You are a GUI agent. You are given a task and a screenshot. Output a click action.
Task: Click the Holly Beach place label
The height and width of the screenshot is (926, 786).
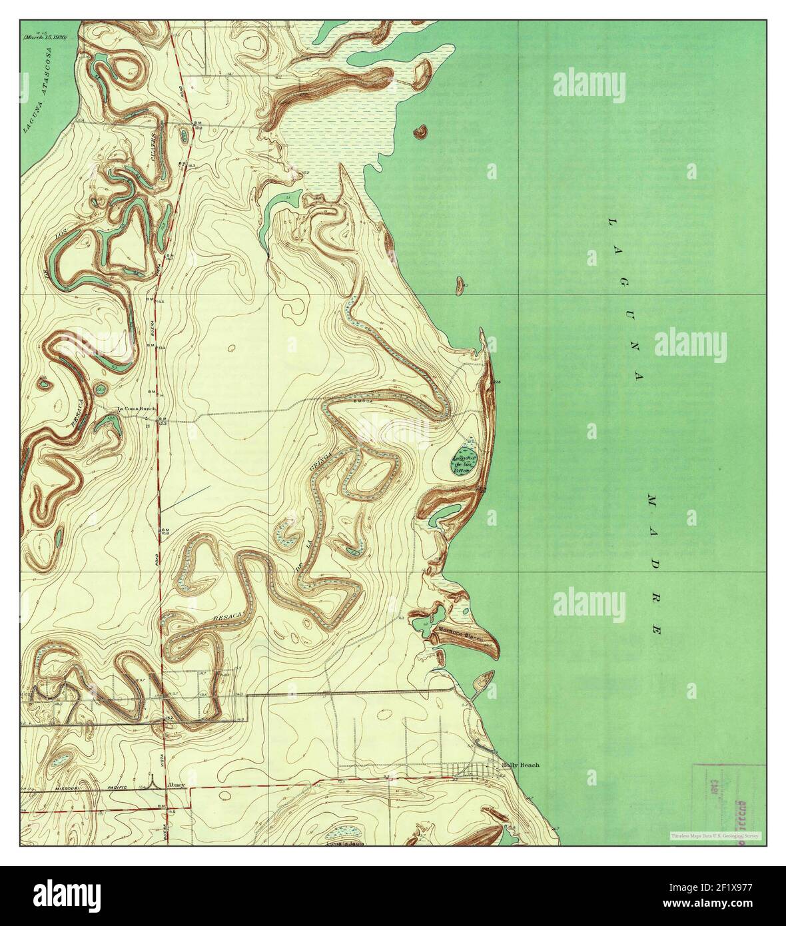coord(520,765)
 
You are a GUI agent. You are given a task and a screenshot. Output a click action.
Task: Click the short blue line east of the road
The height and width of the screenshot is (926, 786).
coord(186,499)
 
